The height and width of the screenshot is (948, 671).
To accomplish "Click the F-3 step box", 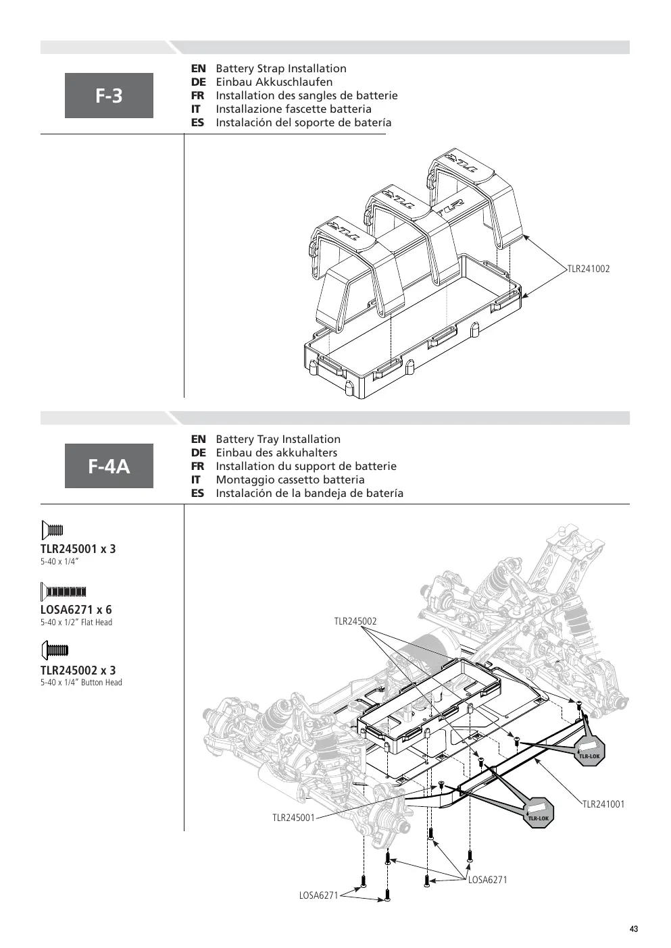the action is click(x=109, y=95).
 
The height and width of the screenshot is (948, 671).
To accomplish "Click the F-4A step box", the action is click(x=109, y=466).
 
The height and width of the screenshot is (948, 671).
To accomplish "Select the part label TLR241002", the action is click(x=589, y=269).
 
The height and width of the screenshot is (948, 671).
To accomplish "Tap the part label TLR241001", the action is click(x=603, y=804).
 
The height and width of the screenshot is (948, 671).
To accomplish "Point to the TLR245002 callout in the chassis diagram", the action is click(x=355, y=621).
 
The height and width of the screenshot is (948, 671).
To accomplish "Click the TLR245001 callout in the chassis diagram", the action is click(x=293, y=818).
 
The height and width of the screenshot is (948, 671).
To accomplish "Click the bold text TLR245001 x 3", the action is click(x=78, y=549).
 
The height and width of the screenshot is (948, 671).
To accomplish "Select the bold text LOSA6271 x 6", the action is click(x=76, y=610).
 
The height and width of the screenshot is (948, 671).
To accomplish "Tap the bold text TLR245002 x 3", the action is click(x=78, y=670).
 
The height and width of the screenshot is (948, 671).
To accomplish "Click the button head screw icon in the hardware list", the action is click(x=55, y=650).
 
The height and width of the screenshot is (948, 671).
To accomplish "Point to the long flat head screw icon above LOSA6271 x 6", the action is click(x=64, y=591).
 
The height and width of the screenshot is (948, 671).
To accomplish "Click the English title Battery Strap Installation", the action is click(x=281, y=69).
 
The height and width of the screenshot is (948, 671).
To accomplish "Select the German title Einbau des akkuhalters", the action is click(x=276, y=453).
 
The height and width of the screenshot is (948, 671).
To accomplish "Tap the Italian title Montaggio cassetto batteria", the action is click(x=290, y=480).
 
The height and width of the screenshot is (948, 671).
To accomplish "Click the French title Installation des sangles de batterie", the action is click(x=307, y=96).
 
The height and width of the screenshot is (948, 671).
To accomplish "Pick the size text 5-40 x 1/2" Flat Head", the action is click(x=76, y=622).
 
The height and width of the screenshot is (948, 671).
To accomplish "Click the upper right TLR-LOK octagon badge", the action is click(x=590, y=750).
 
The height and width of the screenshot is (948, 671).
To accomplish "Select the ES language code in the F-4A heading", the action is click(x=197, y=494).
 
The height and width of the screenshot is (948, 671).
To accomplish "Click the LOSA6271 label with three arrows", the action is click(x=488, y=880).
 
